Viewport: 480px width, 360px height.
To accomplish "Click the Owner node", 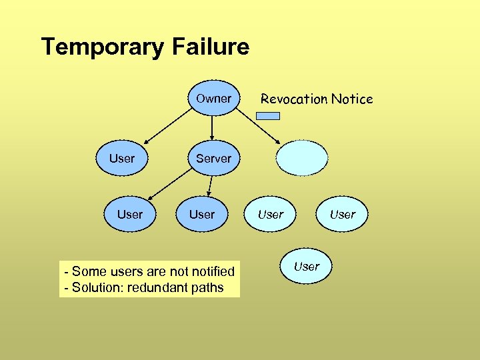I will coord(213,99).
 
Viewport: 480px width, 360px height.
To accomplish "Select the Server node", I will coord(213,159).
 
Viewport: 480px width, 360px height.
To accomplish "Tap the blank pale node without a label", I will coord(303,159).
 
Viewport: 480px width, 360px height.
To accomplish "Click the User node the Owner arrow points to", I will coord(122,159).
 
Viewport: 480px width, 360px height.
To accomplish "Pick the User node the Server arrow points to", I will coord(130,215).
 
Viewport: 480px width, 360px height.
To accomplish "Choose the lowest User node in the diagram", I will coord(307,267).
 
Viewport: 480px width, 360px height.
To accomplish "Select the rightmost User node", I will coord(343,215).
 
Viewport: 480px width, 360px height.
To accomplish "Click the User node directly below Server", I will coord(202,215).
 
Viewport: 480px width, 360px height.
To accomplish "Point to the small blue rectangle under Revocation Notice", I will coord(268,115).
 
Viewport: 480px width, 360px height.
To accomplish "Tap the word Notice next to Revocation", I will coord(352,99).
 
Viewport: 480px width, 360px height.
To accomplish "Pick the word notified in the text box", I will coord(211,271).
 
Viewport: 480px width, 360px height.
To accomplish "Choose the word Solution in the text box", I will coord(93,288).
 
